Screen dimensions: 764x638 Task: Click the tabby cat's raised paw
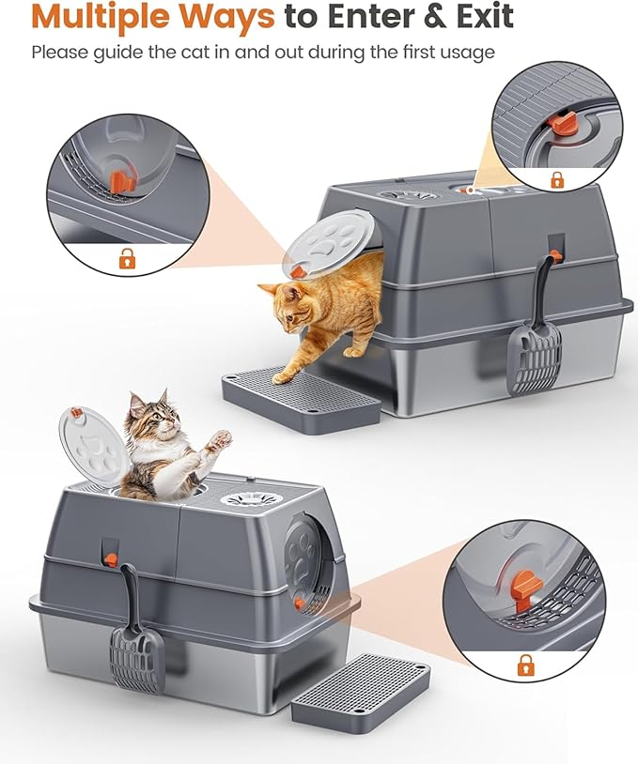point(219,438)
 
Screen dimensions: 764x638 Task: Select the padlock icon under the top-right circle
point(556,179)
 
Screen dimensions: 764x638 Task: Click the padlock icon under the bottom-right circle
point(523,665)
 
